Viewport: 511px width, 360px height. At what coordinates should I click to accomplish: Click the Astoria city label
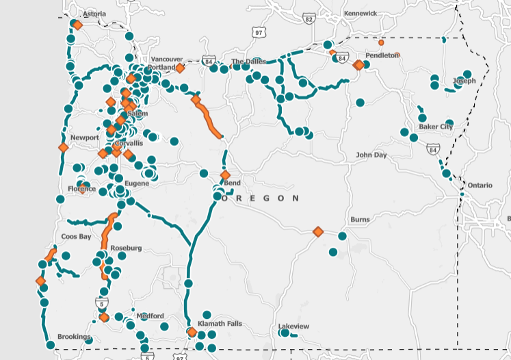[94, 14]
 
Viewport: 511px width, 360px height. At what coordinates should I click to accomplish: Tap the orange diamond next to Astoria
[77, 25]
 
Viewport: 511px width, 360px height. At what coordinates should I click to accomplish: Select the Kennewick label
[361, 13]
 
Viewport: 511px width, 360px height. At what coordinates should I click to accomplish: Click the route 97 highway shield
[259, 32]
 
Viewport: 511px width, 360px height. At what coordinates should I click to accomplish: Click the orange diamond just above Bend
[225, 175]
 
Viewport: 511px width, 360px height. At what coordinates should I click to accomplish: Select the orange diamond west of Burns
[317, 232]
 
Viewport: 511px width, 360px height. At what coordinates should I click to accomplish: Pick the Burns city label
[360, 220]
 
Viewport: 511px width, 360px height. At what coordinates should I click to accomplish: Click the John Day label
[371, 155]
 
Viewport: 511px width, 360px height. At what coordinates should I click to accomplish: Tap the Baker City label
[436, 127]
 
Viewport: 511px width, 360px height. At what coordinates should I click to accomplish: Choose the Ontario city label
[480, 185]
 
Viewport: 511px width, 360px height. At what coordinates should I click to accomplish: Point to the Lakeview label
[294, 326]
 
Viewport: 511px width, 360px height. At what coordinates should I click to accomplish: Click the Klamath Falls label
[220, 324]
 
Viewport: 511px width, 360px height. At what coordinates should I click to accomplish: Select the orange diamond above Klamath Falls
[192, 333]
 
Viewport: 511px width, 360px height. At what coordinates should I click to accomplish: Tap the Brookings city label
[74, 337]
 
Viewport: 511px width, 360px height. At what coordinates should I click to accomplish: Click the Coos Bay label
[76, 237]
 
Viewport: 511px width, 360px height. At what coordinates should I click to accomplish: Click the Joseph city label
[464, 81]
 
